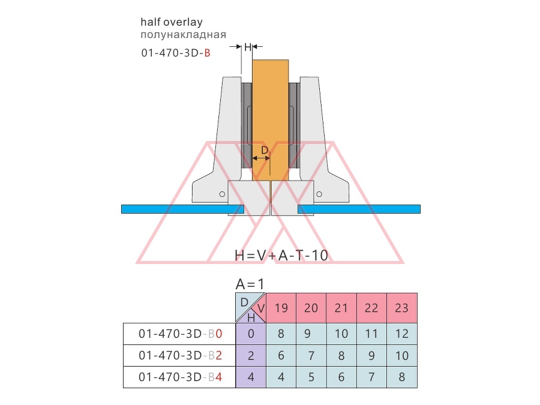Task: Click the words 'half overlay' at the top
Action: [172, 22]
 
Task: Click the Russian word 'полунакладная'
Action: [183, 35]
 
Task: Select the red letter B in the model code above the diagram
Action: [207, 53]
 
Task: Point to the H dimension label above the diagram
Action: [248, 47]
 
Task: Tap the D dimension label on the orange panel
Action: [265, 150]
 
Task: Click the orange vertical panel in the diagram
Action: [271, 120]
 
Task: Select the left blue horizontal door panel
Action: [182, 209]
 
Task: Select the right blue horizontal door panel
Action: [359, 209]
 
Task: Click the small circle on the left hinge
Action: [222, 194]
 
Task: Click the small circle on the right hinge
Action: [319, 194]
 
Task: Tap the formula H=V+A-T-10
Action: [281, 256]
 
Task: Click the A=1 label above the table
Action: [250, 284]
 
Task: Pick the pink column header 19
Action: [281, 308]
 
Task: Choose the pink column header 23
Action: [402, 308]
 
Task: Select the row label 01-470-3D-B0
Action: [180, 334]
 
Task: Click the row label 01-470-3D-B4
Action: [180, 377]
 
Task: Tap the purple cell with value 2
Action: [251, 355]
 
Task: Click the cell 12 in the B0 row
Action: [402, 334]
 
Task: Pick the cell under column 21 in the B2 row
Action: [341, 355]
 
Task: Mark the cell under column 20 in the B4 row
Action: [311, 377]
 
